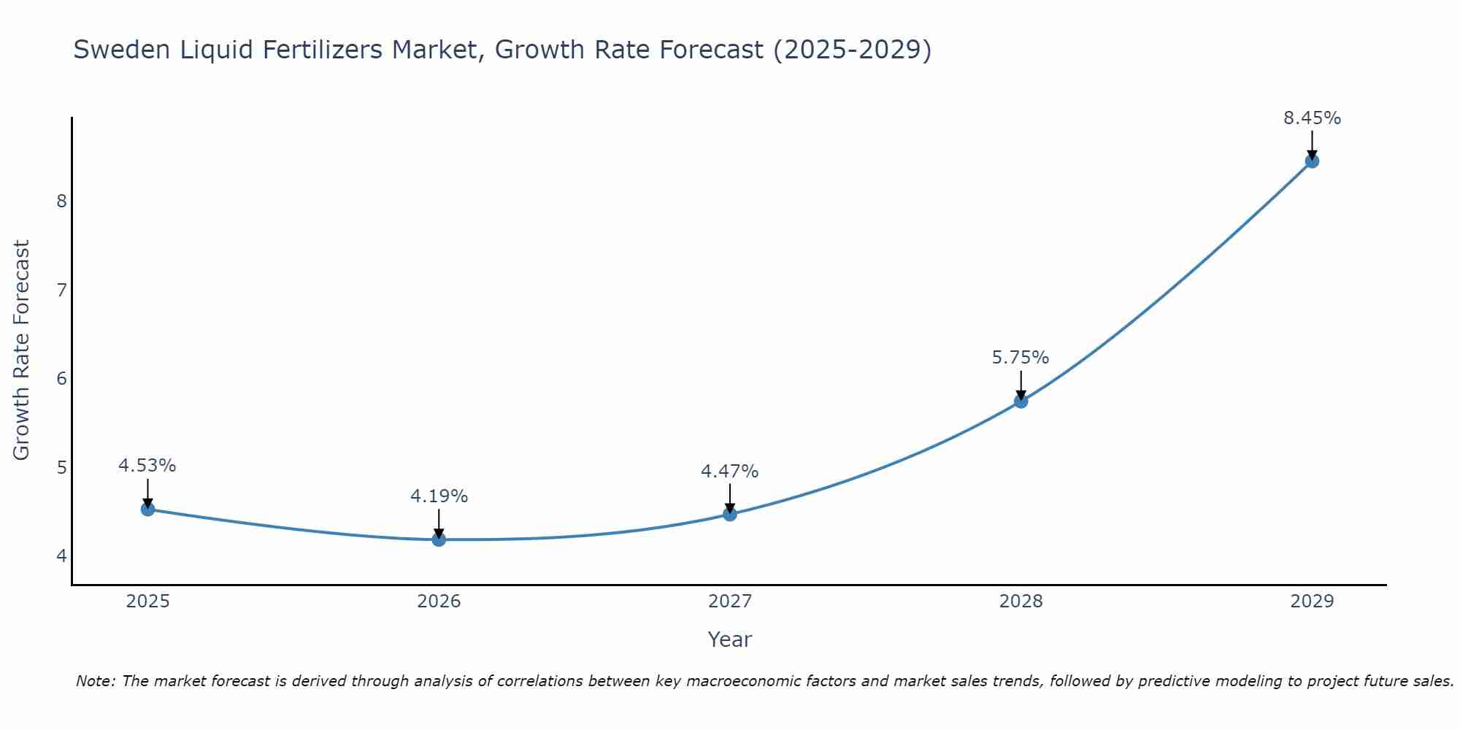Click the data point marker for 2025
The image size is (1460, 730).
click(147, 509)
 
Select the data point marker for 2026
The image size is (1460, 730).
click(439, 539)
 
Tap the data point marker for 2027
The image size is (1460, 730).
click(730, 514)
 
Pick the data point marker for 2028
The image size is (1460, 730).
click(1021, 401)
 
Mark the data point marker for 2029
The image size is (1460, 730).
click(1312, 161)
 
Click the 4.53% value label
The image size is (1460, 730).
click(147, 466)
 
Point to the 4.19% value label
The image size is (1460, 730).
click(439, 496)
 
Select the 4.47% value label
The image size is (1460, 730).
click(730, 472)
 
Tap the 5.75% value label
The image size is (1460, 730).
click(1021, 358)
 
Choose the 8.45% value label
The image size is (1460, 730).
click(1312, 118)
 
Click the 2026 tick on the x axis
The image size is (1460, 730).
click(439, 602)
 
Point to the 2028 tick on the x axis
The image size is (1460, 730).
click(1021, 602)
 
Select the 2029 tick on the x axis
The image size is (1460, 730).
click(1312, 602)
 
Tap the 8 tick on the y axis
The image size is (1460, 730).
click(61, 201)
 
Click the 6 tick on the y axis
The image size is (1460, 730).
click(61, 378)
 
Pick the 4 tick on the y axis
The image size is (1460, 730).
click(61, 556)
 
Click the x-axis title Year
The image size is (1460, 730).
click(729, 639)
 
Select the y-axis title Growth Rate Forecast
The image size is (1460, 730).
click(22, 350)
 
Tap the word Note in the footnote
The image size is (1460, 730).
click(95, 681)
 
